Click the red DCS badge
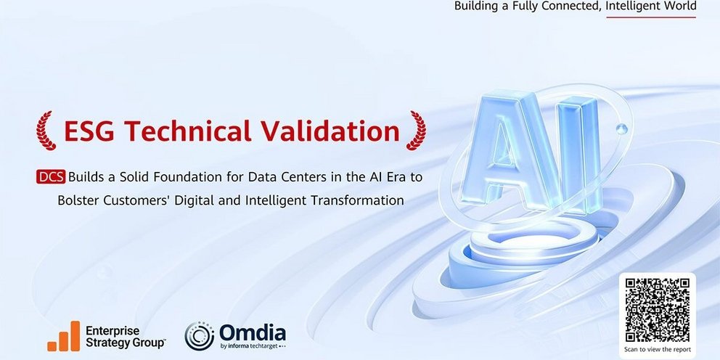pyautogui.click(x=51, y=177)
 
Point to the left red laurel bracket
pyautogui.click(x=46, y=131)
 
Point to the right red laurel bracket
pyautogui.click(x=416, y=131)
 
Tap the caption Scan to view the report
pyautogui.click(x=657, y=349)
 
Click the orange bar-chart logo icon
pyautogui.click(x=64, y=336)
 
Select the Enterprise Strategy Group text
pyautogui.click(x=126, y=337)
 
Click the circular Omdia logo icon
pyautogui.click(x=200, y=336)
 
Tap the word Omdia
pyautogui.click(x=252, y=332)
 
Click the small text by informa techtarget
pyautogui.click(x=252, y=345)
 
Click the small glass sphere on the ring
pyautogui.click(x=621, y=129)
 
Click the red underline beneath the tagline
pyautogui.click(x=651, y=17)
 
